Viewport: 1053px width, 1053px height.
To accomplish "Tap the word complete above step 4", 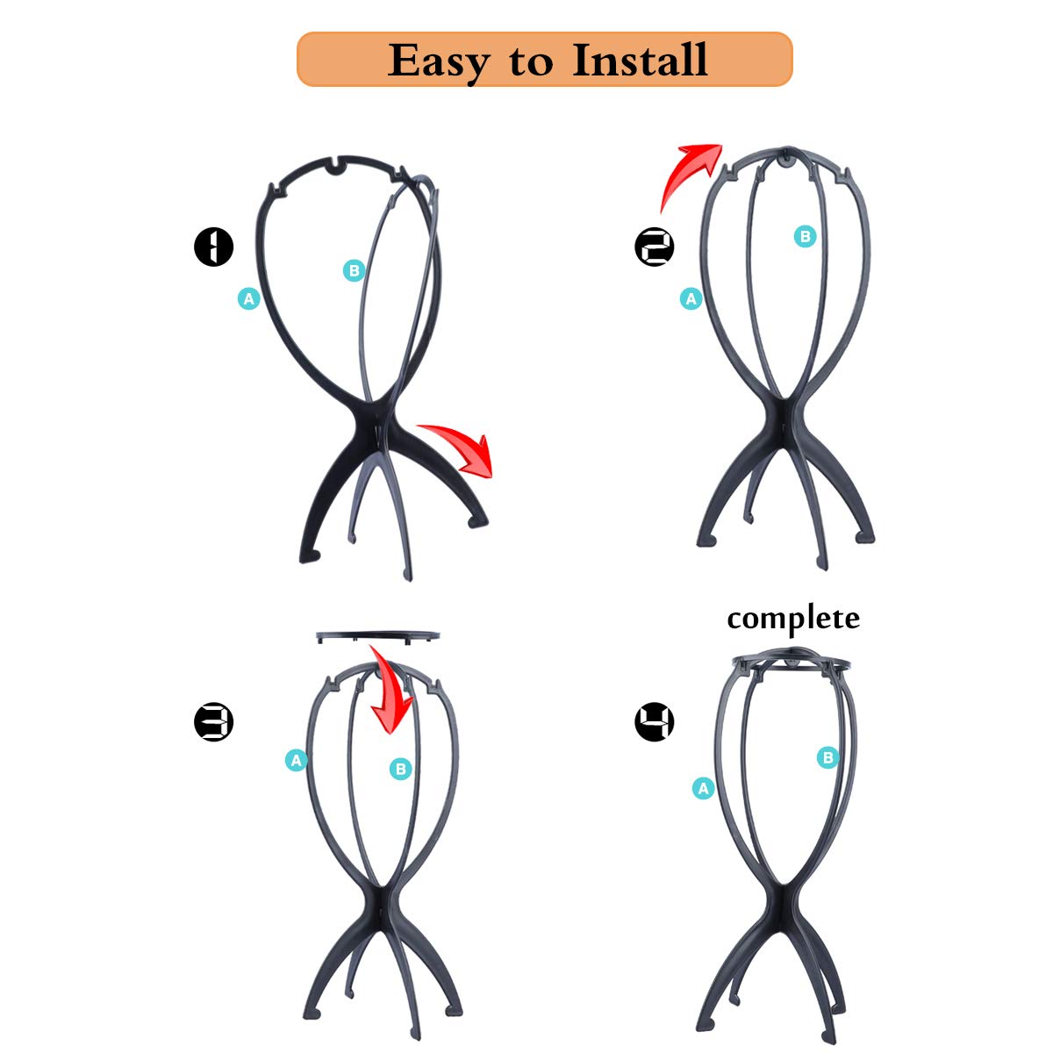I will [793, 619].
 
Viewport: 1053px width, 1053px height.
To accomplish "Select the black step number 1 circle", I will [213, 247].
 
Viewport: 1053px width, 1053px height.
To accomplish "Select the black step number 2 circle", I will [655, 247].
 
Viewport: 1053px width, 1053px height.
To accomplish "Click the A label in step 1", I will [249, 299].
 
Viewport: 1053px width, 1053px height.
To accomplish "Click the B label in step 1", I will [354, 270].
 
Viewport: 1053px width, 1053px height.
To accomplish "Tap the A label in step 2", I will [691, 299].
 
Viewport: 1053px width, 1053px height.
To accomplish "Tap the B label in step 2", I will [805, 236].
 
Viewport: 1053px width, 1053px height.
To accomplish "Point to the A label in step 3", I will [296, 760].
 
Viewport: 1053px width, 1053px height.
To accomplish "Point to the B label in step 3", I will [400, 770].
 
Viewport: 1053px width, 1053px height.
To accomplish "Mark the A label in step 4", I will [703, 789].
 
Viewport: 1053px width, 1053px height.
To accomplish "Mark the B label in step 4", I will [827, 757].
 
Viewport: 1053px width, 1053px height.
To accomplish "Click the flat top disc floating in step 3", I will [377, 635].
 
